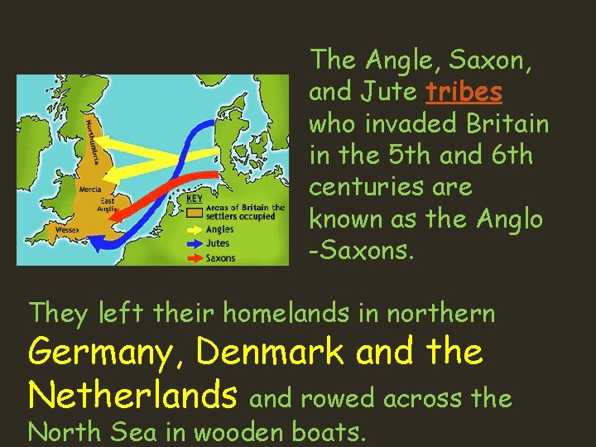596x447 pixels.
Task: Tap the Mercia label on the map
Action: pyautogui.click(x=89, y=189)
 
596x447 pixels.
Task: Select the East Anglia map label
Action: pyautogui.click(x=108, y=204)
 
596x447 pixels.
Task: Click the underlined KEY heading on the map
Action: pyautogui.click(x=195, y=199)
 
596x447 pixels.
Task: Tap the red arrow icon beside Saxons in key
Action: pyautogui.click(x=194, y=257)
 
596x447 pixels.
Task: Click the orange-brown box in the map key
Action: pyautogui.click(x=194, y=213)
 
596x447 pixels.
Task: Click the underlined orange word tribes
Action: pyautogui.click(x=464, y=91)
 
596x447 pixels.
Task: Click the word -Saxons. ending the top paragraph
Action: pyautogui.click(x=361, y=251)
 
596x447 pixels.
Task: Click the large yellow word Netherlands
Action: pyautogui.click(x=132, y=395)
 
